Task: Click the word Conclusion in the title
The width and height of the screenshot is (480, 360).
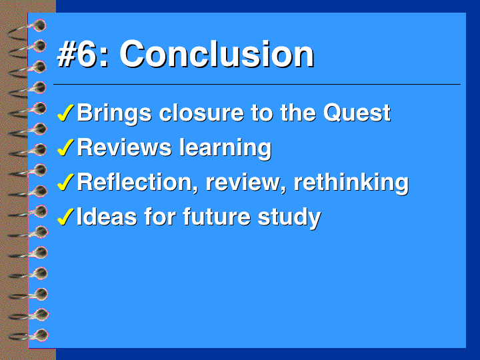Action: (217, 54)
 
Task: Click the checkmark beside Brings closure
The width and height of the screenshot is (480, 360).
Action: (65, 113)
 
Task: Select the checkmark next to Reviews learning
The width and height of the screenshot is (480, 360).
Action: (65, 147)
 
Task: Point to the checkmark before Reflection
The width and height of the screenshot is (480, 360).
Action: (65, 182)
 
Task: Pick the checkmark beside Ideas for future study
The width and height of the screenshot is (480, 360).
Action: (65, 217)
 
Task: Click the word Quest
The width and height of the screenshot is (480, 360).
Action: (357, 113)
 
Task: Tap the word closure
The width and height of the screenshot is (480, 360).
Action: (201, 113)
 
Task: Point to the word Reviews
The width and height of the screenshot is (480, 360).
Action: (124, 147)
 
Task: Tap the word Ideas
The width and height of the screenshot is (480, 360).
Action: (107, 217)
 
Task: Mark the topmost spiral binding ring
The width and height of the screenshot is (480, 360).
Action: (27, 29)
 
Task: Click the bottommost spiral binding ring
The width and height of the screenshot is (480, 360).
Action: (29, 335)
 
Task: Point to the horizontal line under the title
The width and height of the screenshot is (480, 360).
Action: (257, 84)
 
